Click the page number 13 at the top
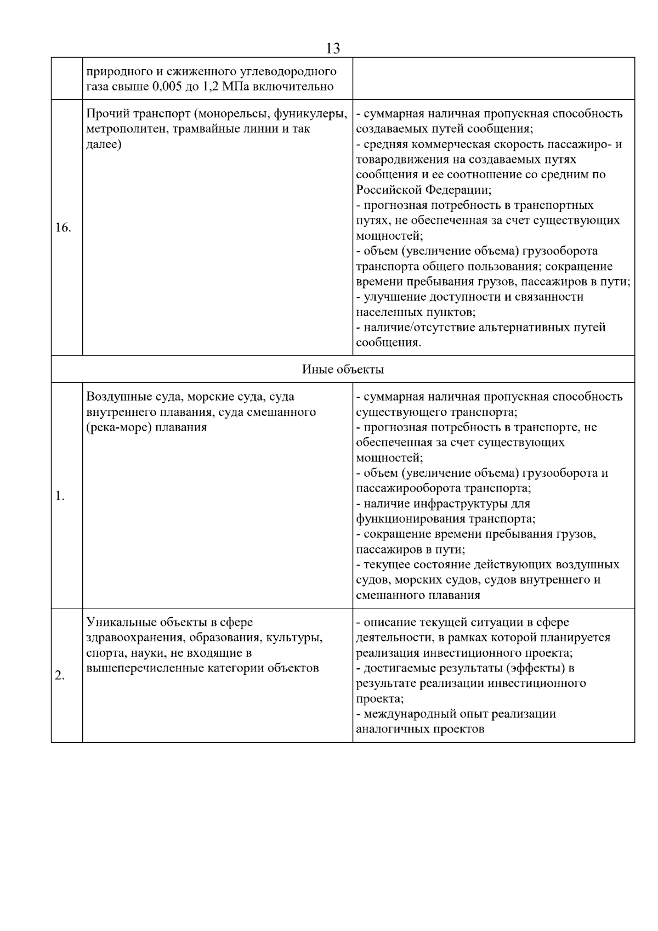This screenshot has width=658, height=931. pos(333,48)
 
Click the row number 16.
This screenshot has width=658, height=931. pos(63,228)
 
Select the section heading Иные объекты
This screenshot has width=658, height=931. pos(343,369)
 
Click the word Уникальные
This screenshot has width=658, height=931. pos(121,622)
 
